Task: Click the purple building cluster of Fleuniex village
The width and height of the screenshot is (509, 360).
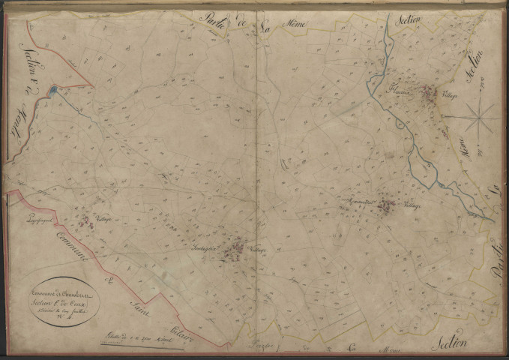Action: tap(427, 94)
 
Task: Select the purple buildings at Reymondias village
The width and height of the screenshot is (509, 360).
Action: tap(385, 203)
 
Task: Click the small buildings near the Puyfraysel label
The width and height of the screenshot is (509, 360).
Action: tap(84, 220)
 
